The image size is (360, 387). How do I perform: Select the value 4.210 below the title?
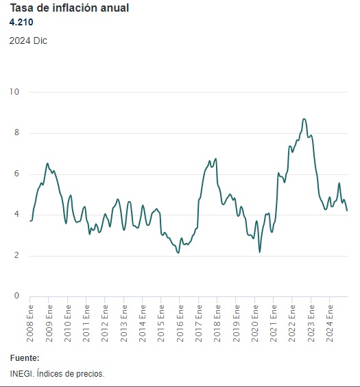22,23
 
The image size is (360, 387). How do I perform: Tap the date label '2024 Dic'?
28,40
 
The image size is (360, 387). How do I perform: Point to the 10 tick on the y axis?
14,92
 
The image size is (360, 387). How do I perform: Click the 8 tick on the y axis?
16,133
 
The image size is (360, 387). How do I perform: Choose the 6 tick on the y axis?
16,174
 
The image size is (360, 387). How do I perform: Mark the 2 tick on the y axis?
16,256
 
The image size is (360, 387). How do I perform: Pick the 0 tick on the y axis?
16,296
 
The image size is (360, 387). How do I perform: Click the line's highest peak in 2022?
304,119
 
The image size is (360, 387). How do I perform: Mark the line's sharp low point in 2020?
260,253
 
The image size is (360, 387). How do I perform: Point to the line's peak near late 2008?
47,163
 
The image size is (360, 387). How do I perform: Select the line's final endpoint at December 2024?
347,211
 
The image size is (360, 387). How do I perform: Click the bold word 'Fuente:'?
25,358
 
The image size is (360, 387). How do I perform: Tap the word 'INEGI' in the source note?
21,374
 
